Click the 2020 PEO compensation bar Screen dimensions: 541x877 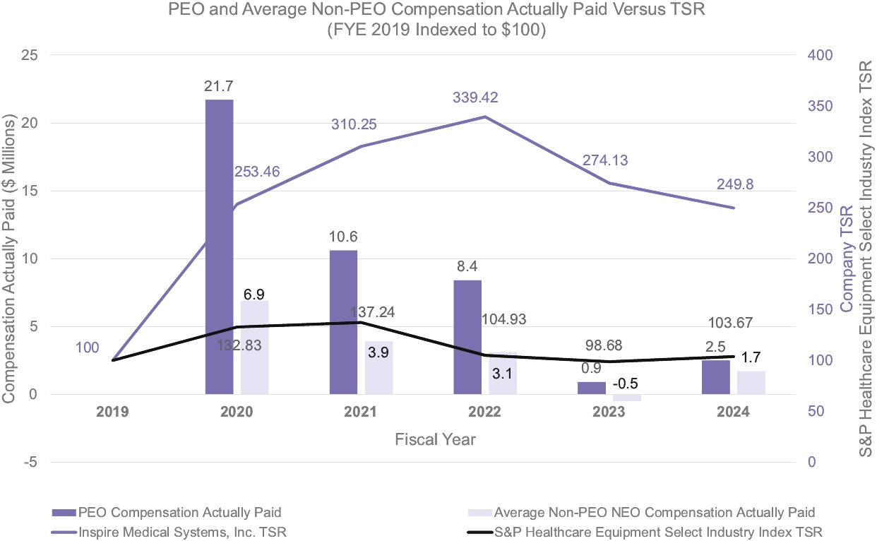(219, 247)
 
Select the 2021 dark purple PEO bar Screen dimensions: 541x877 (343, 322)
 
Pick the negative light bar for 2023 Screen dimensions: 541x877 (626, 398)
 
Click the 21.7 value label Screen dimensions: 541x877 (219, 86)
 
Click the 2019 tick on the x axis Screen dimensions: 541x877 (113, 412)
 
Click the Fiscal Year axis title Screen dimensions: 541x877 (435, 439)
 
